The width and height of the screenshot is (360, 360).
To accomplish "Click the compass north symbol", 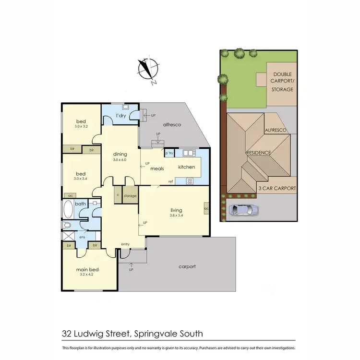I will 147,69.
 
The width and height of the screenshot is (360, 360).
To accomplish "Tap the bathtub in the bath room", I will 67,210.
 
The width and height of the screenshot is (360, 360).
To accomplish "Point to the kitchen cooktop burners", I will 190,181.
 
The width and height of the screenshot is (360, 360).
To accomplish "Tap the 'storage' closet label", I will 130,196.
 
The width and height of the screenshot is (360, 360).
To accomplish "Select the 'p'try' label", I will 168,154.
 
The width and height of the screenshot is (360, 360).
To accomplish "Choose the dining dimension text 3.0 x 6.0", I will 120,159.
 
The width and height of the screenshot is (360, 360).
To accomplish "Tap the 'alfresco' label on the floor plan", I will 172,124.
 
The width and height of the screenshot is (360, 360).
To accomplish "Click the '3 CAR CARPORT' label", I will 277,189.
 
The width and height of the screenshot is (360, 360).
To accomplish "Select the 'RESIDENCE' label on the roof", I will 259,153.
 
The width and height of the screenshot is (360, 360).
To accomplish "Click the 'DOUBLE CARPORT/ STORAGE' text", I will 283,82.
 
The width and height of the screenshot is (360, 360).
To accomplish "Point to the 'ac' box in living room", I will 206,209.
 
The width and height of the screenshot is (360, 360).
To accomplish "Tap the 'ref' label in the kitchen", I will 170,181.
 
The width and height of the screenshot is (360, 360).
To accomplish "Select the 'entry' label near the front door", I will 125,244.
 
